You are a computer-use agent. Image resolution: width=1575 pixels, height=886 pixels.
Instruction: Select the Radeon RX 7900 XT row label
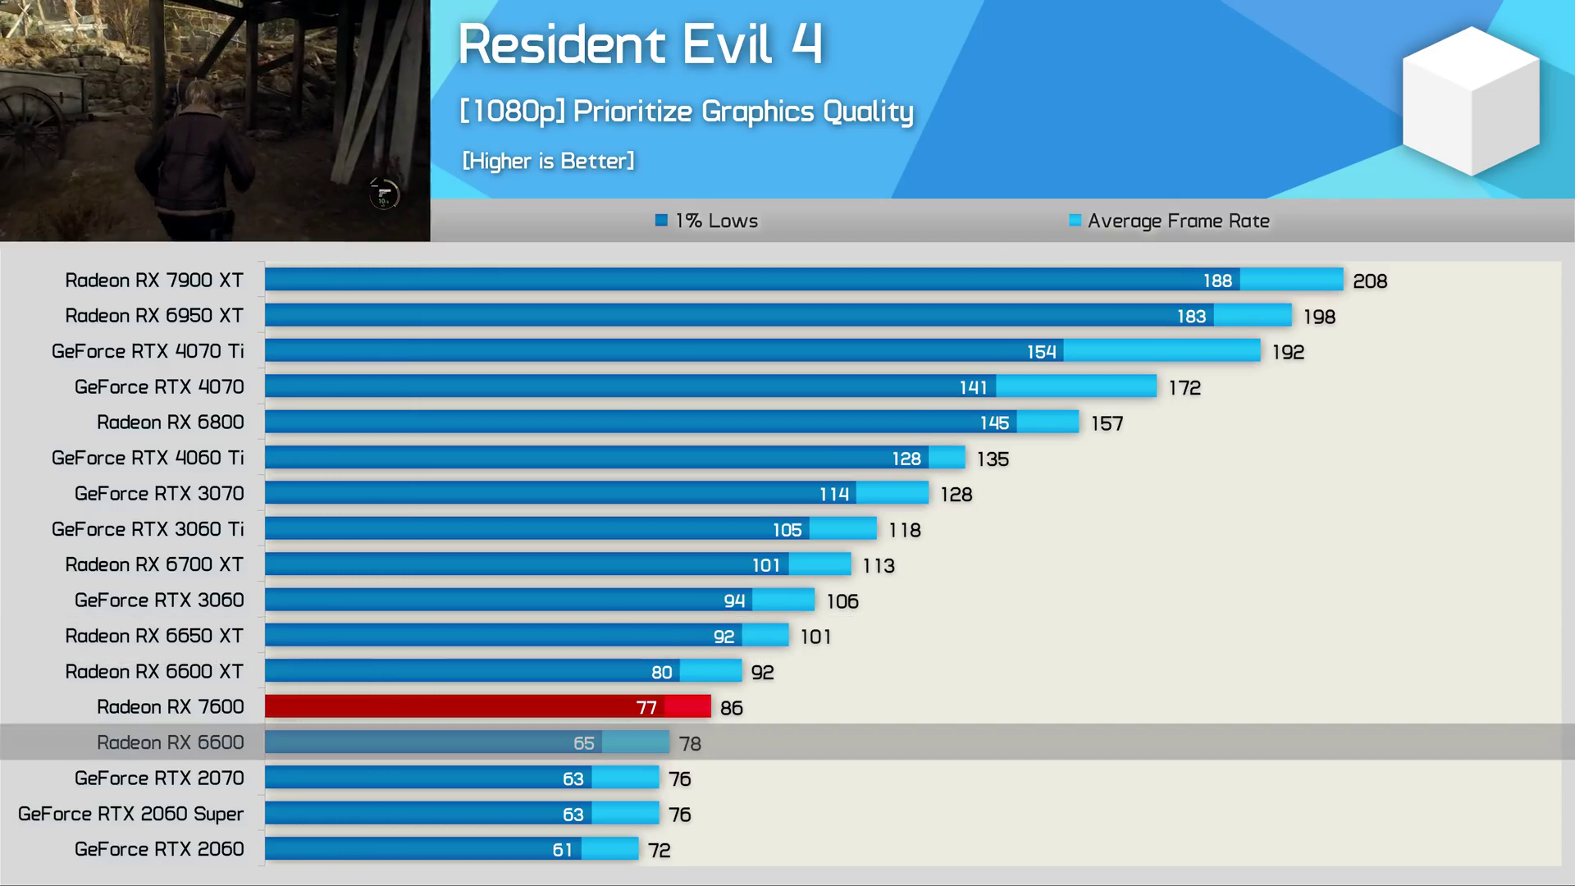[154, 281]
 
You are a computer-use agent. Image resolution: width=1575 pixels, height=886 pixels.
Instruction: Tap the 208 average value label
[1370, 281]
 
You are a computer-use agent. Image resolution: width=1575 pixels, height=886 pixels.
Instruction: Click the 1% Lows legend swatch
[661, 220]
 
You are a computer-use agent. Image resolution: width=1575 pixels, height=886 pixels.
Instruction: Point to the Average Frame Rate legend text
[1178, 221]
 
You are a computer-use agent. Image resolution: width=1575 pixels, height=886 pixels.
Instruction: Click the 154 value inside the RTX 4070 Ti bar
[1042, 352]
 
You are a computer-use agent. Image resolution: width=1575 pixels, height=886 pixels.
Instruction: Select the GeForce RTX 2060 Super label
[131, 814]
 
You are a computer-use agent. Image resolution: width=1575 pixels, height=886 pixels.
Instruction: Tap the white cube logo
[1471, 102]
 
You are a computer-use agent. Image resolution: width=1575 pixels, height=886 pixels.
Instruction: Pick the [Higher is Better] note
[548, 161]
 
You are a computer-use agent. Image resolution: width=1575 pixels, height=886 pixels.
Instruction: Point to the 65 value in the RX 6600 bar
[583, 743]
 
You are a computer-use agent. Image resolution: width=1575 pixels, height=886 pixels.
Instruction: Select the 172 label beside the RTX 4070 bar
[1185, 387]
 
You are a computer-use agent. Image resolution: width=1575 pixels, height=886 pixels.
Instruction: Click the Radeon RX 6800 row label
[171, 422]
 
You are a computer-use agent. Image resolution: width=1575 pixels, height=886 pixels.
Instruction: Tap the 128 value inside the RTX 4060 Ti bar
[906, 459]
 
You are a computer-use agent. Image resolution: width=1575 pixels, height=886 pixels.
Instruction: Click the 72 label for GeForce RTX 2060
[660, 851]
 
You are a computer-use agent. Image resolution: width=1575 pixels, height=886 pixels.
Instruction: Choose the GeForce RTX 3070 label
[159, 494]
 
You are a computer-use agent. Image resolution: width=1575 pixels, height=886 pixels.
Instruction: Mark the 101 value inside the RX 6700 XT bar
[766, 565]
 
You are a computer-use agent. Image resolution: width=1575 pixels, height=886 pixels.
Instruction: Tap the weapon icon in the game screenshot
[383, 194]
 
